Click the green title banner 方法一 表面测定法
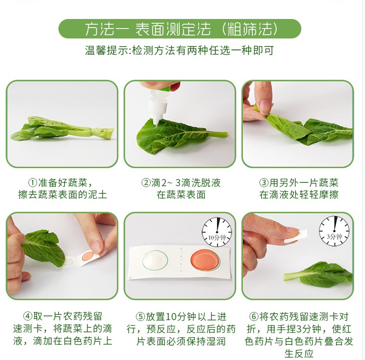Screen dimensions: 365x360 180,29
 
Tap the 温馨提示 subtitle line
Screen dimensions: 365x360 179,50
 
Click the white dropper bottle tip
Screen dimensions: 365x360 156,122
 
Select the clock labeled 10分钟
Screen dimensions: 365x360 217,232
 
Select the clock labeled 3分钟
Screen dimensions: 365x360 334,231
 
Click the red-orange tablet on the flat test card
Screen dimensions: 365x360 205,260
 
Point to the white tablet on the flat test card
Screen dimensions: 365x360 155,260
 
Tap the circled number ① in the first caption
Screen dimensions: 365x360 33,182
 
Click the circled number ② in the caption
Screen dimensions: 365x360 146,182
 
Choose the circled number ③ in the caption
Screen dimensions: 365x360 264,182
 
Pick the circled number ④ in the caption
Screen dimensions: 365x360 28,316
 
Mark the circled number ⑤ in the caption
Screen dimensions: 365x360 140,317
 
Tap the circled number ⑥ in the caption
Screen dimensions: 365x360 254,316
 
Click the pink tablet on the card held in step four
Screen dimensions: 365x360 88,256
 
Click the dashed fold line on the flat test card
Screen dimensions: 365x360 182,262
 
